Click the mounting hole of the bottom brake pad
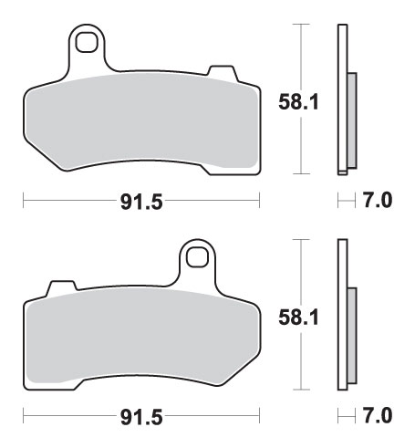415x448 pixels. tap(197, 257)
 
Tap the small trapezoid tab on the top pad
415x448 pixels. tap(223, 72)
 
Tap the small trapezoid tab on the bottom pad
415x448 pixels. tap(62, 287)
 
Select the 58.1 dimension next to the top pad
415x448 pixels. tap(299, 102)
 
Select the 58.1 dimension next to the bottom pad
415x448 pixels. tap(299, 318)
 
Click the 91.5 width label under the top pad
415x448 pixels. tap(141, 202)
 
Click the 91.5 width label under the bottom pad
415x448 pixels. tap(141, 417)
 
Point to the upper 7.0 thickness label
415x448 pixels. tap(378, 200)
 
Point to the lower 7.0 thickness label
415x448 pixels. tap(378, 415)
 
